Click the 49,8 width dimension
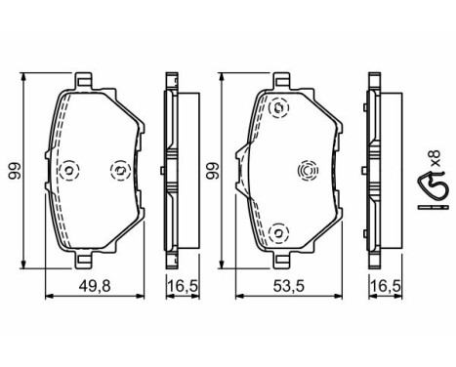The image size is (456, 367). (95, 286)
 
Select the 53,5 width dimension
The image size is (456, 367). (288, 286)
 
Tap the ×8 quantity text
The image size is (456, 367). (435, 159)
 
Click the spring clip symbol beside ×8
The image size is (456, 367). (434, 190)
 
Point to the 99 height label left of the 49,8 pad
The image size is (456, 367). (15, 171)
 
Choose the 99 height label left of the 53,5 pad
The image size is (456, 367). (214, 171)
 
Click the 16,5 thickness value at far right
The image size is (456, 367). (386, 286)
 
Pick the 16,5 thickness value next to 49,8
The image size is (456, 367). (183, 286)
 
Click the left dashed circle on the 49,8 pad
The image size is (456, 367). (70, 170)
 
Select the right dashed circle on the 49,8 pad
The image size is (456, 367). (120, 170)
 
